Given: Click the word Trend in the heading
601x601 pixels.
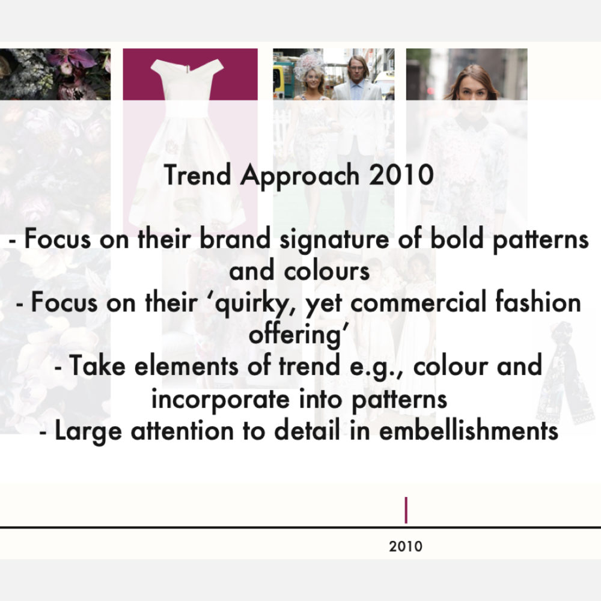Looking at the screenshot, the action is (x=197, y=174).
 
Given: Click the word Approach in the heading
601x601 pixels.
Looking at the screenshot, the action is (x=300, y=176).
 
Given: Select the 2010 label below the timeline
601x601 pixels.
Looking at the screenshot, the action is (x=406, y=546).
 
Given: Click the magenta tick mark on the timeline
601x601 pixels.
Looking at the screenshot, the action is (x=406, y=510).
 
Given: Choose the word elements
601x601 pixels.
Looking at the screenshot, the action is (x=186, y=365).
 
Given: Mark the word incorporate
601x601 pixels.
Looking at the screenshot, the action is (x=221, y=399).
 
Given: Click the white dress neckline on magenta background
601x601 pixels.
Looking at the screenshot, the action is (x=187, y=68).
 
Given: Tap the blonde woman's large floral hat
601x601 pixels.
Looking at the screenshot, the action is (x=311, y=63).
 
